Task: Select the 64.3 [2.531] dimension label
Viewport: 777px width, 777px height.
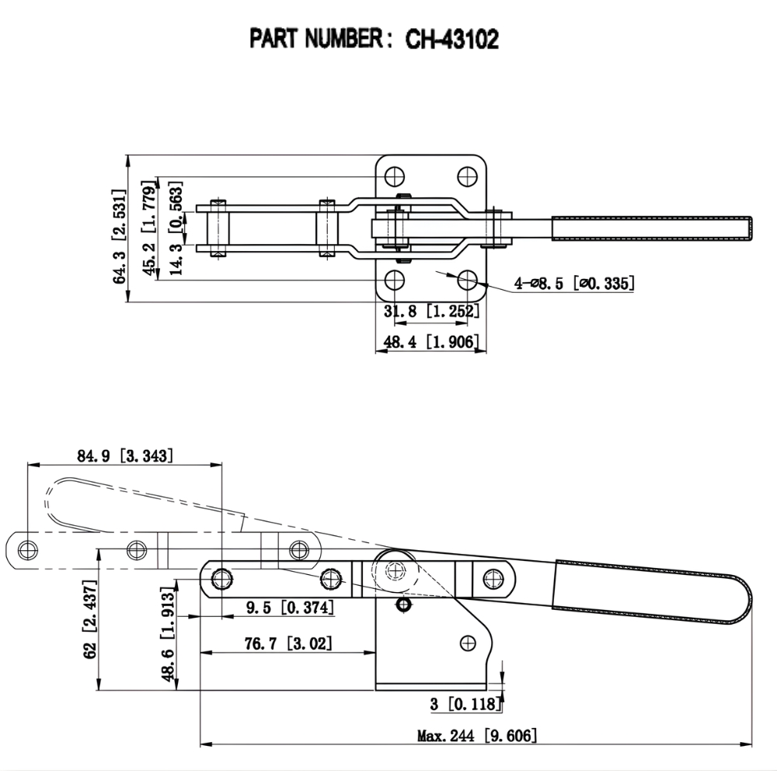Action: [119, 235]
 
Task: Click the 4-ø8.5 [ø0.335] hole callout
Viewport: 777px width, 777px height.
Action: [574, 284]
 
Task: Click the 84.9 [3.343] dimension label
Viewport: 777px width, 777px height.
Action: [125, 455]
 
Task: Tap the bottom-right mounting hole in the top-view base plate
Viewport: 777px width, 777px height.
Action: [467, 280]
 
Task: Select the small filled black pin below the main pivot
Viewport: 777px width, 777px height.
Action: [402, 604]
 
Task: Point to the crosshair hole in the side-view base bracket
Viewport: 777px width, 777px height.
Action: [468, 643]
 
